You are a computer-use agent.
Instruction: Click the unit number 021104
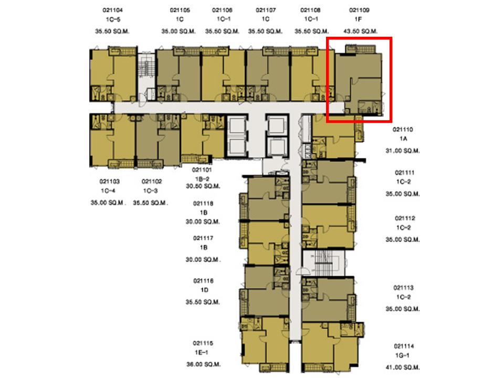pos(112,10)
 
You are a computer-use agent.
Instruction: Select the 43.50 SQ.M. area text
pos(360,31)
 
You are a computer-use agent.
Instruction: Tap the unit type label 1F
pos(358,19)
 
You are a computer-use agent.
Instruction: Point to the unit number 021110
pos(403,130)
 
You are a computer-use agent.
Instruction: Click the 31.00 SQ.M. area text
pos(403,151)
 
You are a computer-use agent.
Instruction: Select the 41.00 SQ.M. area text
pos(403,367)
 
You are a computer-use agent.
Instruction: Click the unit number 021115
pos(203,343)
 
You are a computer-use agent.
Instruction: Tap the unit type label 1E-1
pos(201,352)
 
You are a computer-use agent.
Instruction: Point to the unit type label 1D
pos(204,290)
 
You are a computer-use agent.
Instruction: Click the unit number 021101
pos(202,170)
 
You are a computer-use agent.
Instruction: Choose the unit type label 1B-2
pos(202,178)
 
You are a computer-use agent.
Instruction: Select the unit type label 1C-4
pos(108,191)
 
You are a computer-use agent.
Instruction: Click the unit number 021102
pos(152,182)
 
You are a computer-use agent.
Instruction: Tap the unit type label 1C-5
pos(113,19)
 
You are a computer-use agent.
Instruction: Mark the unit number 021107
pos(266,10)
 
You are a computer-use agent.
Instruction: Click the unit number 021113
pos(403,288)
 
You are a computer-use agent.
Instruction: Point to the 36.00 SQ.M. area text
pos(204,364)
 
